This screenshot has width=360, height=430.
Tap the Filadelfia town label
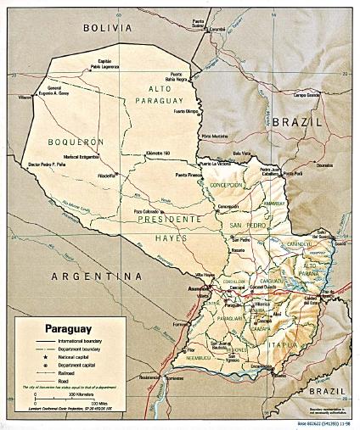[x=108, y=176]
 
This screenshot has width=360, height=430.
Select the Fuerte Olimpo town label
[x=189, y=111]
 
